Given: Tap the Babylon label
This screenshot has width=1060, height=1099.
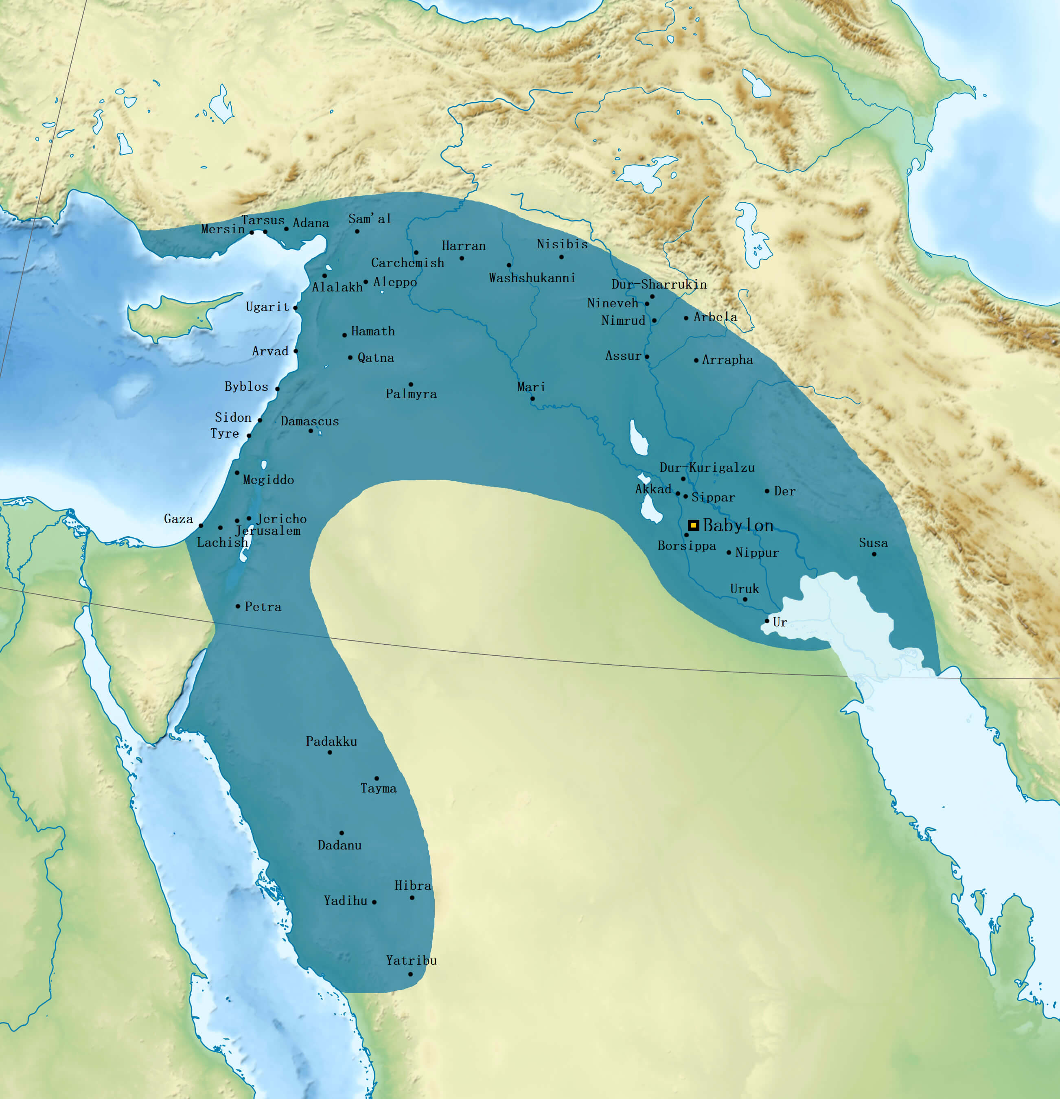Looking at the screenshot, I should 738,525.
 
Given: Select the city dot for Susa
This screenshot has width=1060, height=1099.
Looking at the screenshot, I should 874,554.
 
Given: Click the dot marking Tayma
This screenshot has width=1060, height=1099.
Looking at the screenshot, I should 376,778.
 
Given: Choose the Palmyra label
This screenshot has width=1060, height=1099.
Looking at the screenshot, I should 411,394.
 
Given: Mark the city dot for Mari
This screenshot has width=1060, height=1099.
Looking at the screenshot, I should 532,398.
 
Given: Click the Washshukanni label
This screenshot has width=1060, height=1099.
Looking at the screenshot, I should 532,278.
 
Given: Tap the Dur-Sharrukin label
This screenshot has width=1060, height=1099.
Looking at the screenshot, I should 659,284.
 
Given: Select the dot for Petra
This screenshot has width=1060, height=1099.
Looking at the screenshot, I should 238,606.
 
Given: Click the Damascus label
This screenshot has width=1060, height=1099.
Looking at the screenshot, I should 310,421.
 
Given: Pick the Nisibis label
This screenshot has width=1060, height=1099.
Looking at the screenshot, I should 562,244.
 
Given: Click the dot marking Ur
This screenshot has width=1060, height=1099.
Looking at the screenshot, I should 767,621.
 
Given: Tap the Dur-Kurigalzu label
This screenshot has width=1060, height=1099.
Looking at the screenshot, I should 707,467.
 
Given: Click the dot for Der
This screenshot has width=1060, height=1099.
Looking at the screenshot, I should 767,490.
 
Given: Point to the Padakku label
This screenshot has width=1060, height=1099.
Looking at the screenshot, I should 331,741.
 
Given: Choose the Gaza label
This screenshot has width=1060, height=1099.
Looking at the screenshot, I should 178,519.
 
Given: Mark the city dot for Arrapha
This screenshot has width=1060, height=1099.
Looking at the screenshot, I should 696,360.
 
